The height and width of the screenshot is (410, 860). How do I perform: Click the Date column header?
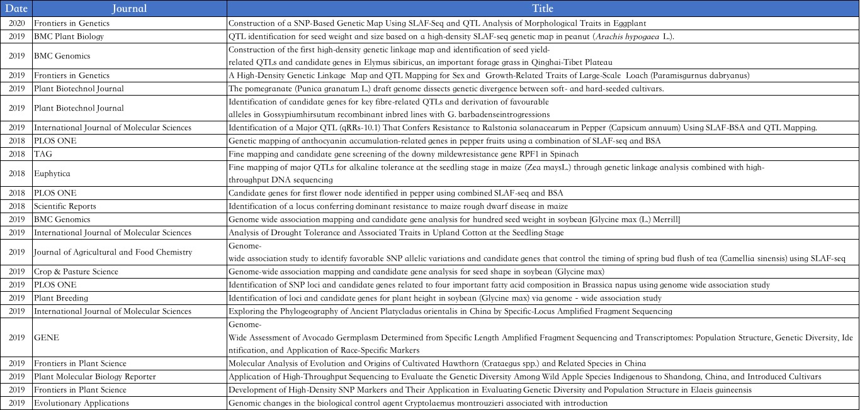pyautogui.click(x=16, y=8)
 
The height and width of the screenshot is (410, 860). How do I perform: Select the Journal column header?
pyautogui.click(x=129, y=8)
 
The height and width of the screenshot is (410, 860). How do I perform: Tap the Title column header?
pyautogui.click(x=543, y=8)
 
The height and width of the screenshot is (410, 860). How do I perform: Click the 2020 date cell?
pyautogui.click(x=16, y=23)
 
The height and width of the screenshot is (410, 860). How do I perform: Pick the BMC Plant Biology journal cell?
pyautogui.click(x=69, y=36)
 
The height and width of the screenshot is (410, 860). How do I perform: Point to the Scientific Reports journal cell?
pyautogui.click(x=65, y=206)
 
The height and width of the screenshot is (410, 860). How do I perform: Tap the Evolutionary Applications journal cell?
pyautogui.click(x=81, y=403)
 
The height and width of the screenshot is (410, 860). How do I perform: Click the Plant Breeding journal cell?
pyautogui.click(x=61, y=298)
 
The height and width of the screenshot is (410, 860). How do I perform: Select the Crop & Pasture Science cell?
pyautogui.click(x=76, y=272)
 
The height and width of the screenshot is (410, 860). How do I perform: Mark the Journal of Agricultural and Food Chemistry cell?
pyautogui.click(x=113, y=252)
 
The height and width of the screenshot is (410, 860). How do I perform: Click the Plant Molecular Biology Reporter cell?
pyautogui.click(x=95, y=377)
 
